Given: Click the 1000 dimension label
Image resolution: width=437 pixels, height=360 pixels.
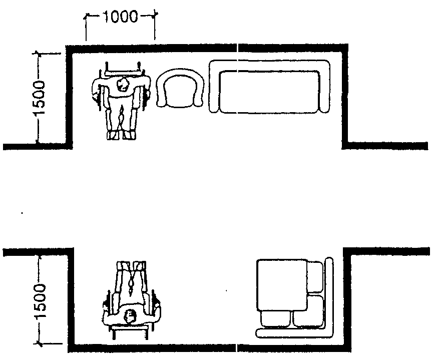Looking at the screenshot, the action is [121, 17].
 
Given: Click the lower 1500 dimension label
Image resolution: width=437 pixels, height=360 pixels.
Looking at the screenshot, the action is [40, 301].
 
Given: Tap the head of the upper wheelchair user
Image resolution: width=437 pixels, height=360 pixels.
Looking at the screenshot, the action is [123, 85].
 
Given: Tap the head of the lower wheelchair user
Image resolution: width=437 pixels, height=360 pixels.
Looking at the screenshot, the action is [130, 316].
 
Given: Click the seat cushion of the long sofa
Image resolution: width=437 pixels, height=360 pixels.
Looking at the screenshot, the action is [269, 92].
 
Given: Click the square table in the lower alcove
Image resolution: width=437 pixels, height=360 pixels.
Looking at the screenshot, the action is [282, 285].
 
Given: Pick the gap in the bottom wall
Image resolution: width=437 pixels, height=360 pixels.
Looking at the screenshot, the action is [236, 348].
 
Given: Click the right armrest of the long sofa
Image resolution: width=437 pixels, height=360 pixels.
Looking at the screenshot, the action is [325, 89].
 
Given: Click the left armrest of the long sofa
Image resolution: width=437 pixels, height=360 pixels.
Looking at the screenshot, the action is [214, 89].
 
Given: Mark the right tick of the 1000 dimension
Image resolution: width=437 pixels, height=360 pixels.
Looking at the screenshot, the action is [154, 16].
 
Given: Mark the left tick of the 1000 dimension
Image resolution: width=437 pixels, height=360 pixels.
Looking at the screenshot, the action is [87, 16].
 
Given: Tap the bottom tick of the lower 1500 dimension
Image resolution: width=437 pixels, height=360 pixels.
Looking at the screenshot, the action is [40, 343].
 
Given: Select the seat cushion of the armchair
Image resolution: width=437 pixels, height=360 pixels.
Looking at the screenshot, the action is [179, 92].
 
